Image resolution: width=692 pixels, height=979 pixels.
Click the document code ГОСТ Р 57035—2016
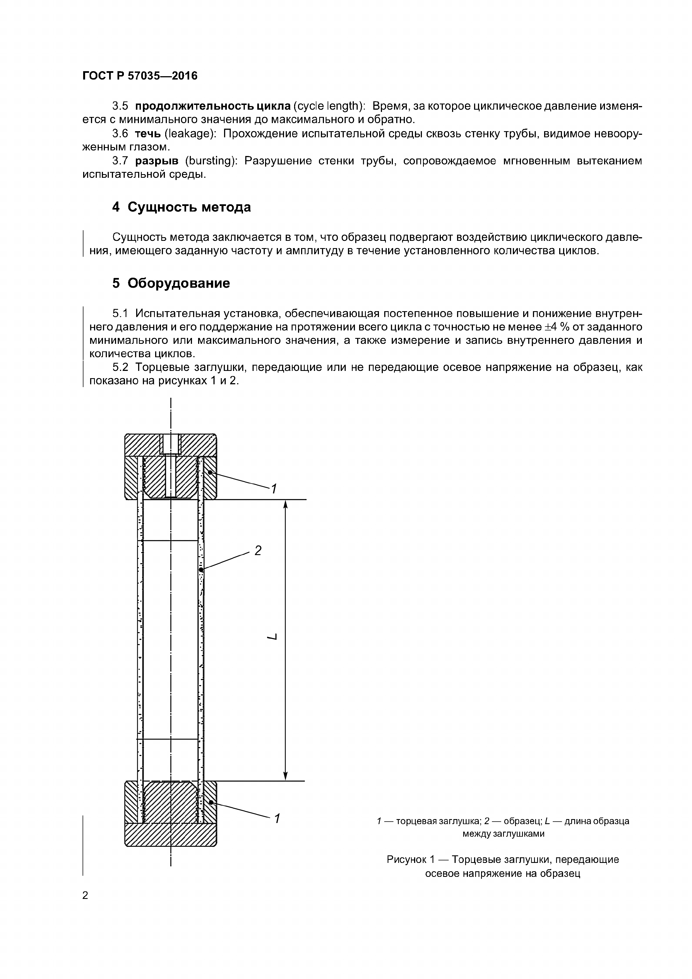pyautogui.click(x=140, y=76)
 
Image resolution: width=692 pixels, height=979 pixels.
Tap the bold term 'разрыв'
pyautogui.click(x=157, y=161)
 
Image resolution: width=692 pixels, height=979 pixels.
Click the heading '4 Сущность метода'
pyautogui.click(x=181, y=207)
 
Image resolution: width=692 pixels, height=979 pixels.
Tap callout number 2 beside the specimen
pyautogui.click(x=258, y=551)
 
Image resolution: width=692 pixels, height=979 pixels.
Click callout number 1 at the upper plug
pyautogui.click(x=274, y=489)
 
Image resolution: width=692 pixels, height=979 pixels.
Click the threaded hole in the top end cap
pyautogui.click(x=170, y=444)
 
